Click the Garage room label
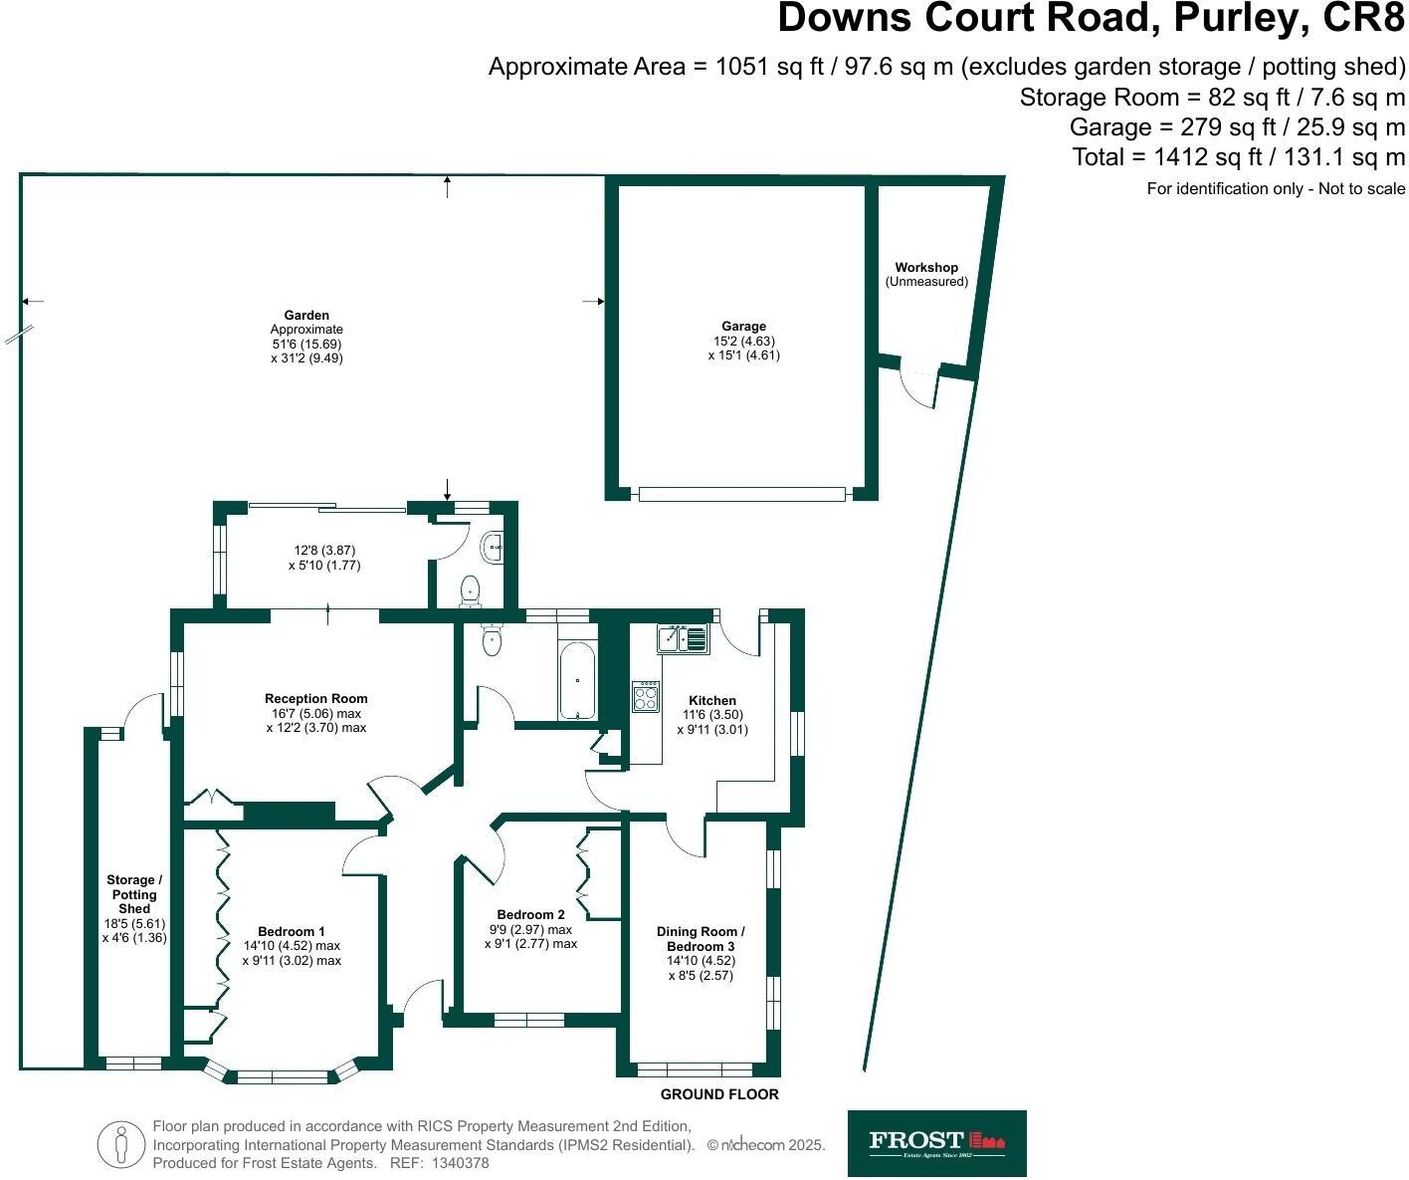[x=743, y=340]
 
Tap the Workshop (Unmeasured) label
[x=926, y=274]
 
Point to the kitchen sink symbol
[x=683, y=637]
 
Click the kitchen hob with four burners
[x=645, y=696]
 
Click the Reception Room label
[x=316, y=713]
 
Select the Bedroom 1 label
[x=292, y=946]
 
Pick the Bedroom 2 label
[x=530, y=929]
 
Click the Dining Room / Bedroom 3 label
[x=701, y=953]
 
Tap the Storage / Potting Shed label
[x=134, y=908]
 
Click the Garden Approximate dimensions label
[x=306, y=337]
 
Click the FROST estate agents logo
[x=936, y=1143]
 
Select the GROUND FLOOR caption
[x=719, y=1094]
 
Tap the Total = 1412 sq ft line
[x=1238, y=157]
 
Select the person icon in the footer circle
[x=121, y=1144]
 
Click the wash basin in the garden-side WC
[x=493, y=546]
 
